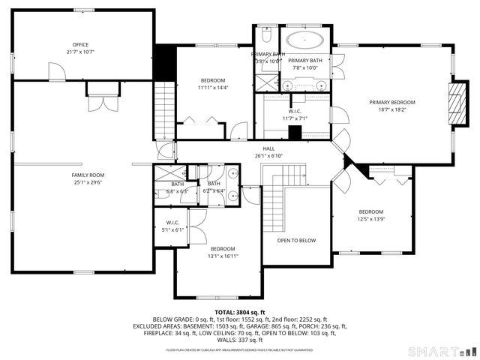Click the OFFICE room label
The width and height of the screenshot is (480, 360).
80,45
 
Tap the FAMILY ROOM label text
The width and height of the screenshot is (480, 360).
88,175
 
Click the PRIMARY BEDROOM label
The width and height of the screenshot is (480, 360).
391,102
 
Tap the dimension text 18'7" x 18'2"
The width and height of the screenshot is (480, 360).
391,109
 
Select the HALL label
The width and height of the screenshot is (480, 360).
268,148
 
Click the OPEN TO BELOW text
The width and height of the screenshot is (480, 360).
296,240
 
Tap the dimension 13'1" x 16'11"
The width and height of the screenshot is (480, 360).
223,256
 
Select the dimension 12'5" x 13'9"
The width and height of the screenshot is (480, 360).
370,219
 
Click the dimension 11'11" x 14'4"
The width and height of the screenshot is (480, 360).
212,88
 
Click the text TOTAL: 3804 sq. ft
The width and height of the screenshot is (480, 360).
240,312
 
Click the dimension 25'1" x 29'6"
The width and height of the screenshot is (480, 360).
88,182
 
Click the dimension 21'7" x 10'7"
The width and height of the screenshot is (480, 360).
80,52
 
